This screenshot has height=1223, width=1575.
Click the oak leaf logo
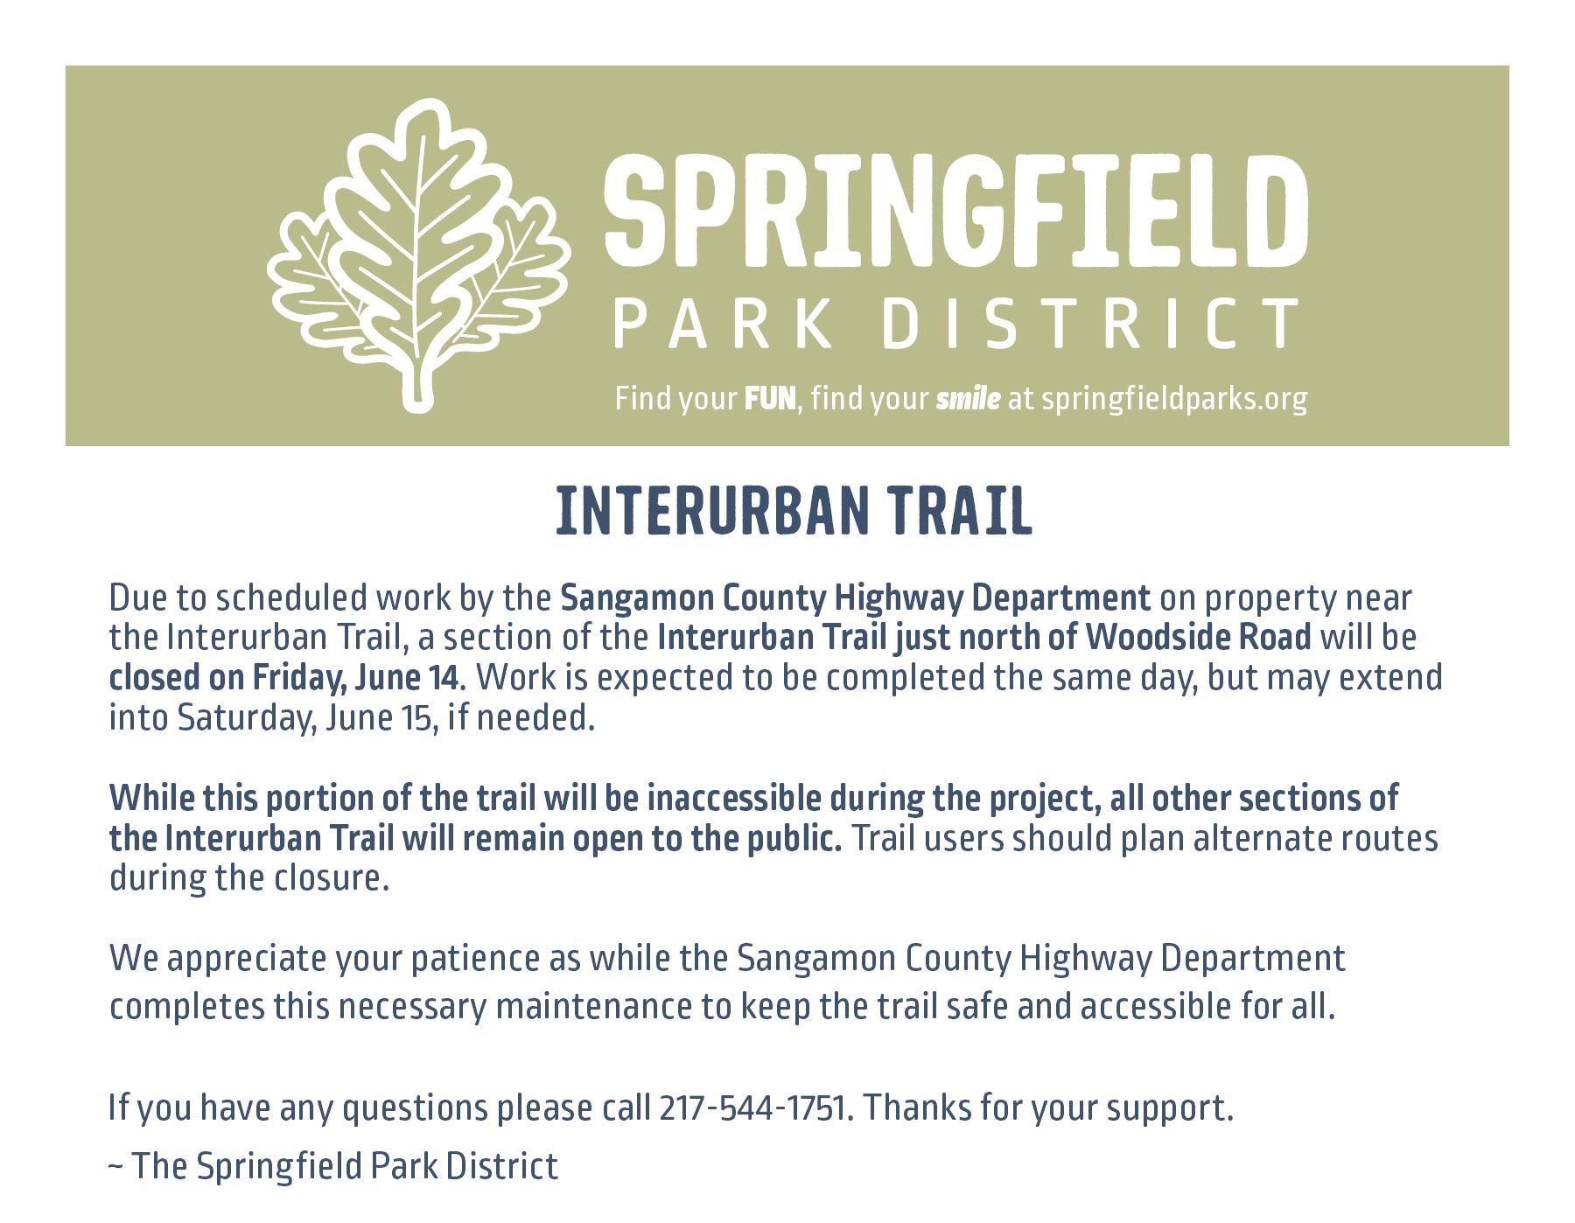pos(417,254)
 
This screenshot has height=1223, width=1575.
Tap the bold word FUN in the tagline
pos(770,400)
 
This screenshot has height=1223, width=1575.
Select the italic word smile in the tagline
pos(968,400)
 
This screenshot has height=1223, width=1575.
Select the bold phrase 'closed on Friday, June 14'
pos(284,677)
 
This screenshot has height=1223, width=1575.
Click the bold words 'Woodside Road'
pos(1199,637)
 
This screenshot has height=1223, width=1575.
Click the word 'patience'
pos(476,960)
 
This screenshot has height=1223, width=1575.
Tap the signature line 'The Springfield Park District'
pos(344,1166)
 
